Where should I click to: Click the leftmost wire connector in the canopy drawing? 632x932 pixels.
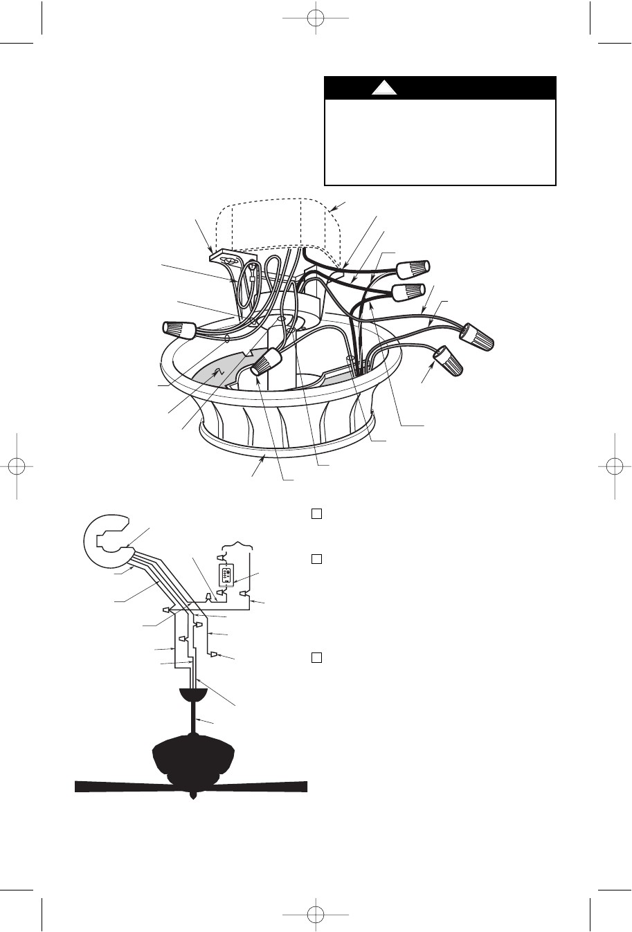pos(179,329)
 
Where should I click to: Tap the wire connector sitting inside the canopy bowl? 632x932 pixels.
pos(267,363)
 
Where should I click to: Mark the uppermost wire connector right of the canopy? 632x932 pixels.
pos(413,267)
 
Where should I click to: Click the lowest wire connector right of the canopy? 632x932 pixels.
pos(449,358)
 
